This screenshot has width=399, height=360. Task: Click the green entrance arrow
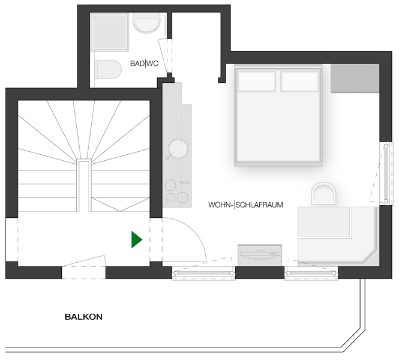(x=136, y=239)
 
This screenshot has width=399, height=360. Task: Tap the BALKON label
(x=84, y=317)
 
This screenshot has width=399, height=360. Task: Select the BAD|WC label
(x=144, y=64)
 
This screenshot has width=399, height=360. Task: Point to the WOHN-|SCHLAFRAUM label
(x=245, y=205)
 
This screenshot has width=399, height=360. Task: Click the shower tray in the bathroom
(x=109, y=32)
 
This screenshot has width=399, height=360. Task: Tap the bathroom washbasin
(x=146, y=23)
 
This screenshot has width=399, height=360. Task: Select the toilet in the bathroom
(x=108, y=70)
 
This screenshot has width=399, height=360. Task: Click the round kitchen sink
(x=178, y=149)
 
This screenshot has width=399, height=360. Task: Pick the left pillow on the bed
(x=257, y=82)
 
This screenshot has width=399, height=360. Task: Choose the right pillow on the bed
(x=300, y=82)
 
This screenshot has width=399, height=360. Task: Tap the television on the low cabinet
(x=260, y=255)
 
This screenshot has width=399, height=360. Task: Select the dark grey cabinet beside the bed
(x=355, y=78)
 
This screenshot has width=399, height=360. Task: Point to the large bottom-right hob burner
(x=183, y=197)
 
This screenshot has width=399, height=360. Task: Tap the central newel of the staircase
(x=83, y=186)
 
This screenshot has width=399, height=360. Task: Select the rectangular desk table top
(x=324, y=221)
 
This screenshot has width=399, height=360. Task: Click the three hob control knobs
(x=184, y=182)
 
